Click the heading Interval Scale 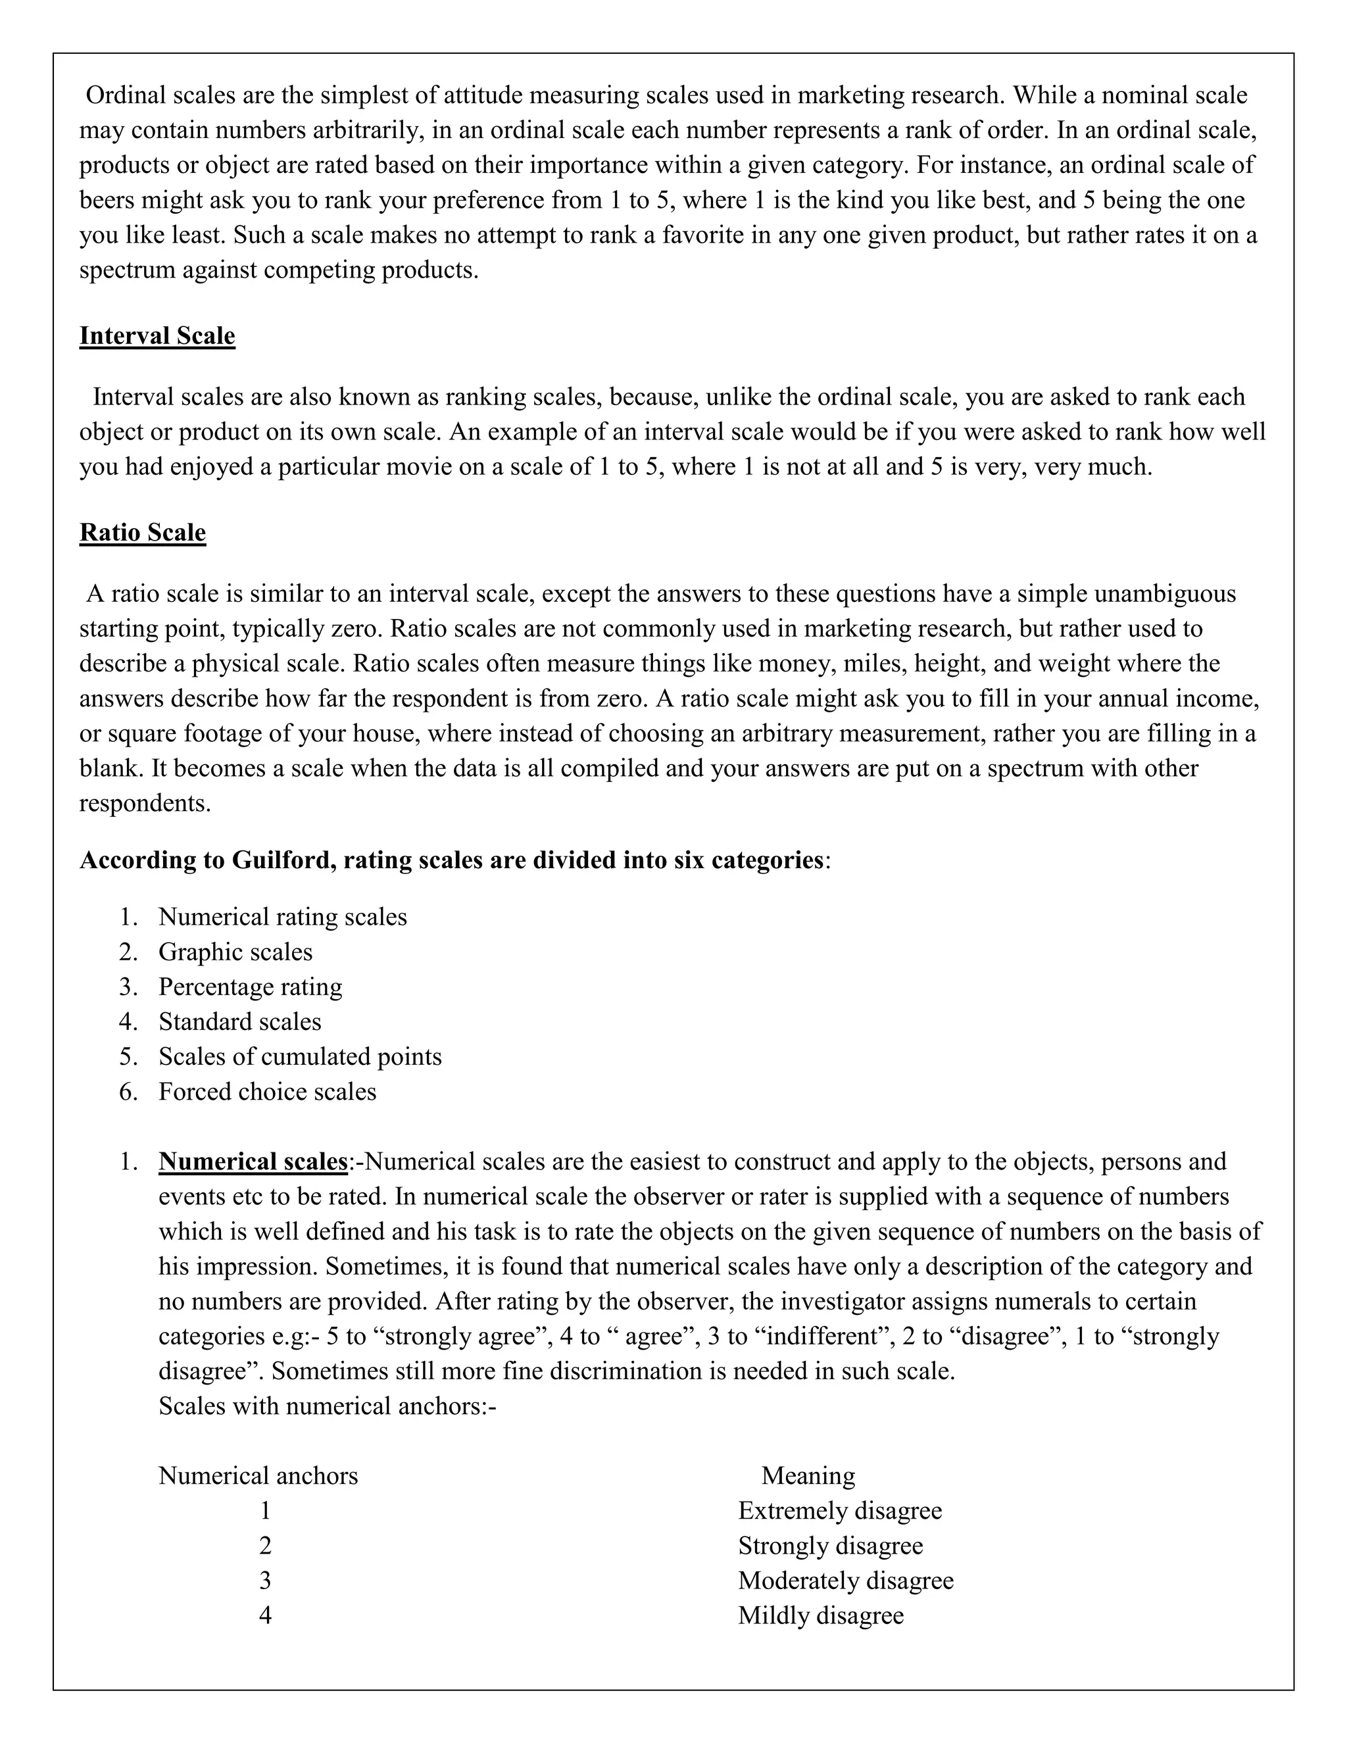point(157,336)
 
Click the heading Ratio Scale point(143,532)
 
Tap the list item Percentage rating point(250,987)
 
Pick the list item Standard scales point(239,1021)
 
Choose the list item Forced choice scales point(267,1091)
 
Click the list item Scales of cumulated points point(299,1057)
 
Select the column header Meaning point(808,1476)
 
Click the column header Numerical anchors point(258,1476)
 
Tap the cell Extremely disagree point(839,1511)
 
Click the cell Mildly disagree point(820,1615)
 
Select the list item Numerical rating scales point(282,917)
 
